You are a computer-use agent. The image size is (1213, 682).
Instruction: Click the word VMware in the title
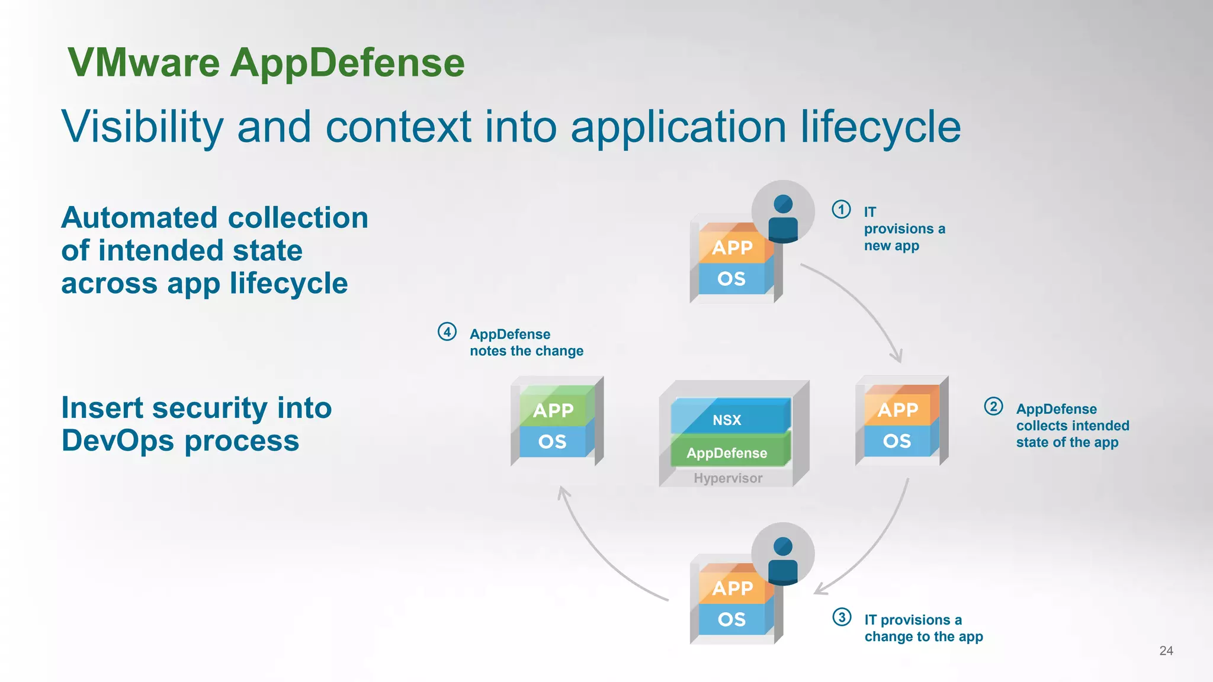pos(144,63)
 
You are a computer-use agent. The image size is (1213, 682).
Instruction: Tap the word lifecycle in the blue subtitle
pos(881,127)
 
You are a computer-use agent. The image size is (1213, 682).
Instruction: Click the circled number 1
pos(841,210)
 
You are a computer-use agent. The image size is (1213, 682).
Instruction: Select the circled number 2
pos(993,406)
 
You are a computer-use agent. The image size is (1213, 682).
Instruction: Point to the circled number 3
pos(842,617)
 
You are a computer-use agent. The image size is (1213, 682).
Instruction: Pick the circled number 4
pos(447,332)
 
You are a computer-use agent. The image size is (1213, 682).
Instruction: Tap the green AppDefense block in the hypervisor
pos(727,453)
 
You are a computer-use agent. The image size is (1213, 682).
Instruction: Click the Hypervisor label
pos(728,478)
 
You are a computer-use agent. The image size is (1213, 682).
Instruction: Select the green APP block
pos(553,410)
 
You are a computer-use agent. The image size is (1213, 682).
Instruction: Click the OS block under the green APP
pos(553,442)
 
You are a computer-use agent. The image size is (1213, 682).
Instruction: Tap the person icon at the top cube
pos(783,217)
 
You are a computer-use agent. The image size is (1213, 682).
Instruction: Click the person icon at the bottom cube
pos(783,559)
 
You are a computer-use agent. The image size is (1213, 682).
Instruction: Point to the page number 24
pos(1166,651)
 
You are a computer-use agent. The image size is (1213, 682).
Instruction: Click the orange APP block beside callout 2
pos(898,410)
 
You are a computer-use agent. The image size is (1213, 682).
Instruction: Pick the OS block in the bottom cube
pos(731,619)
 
